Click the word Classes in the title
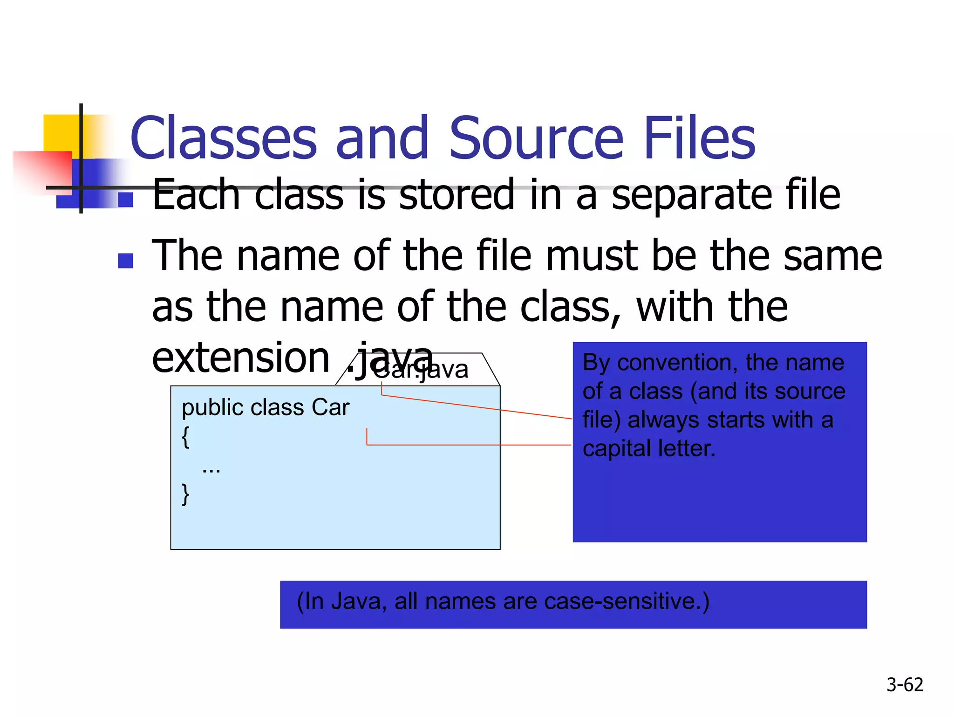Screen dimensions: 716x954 pyautogui.click(x=224, y=138)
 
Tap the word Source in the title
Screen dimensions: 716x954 pyautogui.click(x=536, y=138)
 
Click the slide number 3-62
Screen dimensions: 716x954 pyautogui.click(x=905, y=685)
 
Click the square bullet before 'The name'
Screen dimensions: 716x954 pyautogui.click(x=126, y=261)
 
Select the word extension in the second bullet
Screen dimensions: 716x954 pyautogui.click(x=241, y=358)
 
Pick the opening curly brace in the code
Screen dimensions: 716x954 pyautogui.click(x=186, y=437)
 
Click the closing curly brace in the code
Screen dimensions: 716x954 pyautogui.click(x=186, y=494)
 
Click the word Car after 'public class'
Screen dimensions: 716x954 pyautogui.click(x=330, y=408)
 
